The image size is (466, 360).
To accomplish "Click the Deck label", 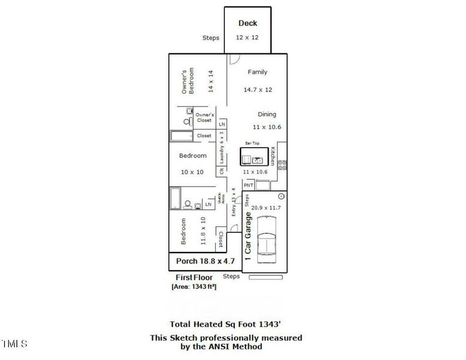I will coord(248,23).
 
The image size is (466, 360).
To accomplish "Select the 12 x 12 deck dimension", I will coord(247,38).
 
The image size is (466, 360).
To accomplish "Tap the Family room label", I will coord(258,72).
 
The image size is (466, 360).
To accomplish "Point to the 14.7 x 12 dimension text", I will coord(258,90).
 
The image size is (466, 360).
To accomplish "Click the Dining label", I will coord(267,114).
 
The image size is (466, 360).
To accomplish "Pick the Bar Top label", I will coord(252,144).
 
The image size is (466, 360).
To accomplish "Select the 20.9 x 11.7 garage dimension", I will coord(266,208).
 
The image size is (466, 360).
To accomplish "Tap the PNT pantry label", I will coord(248,186).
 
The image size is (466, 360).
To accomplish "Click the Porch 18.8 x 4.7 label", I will coord(205,262).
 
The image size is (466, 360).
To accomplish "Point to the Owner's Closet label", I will coord(205,117).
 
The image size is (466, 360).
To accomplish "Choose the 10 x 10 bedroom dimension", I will coord(192,172).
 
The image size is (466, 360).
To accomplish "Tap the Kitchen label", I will coord(272,156).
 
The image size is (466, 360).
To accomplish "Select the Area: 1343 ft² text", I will coord(194,287).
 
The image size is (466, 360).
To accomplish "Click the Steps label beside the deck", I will coord(211,38).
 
